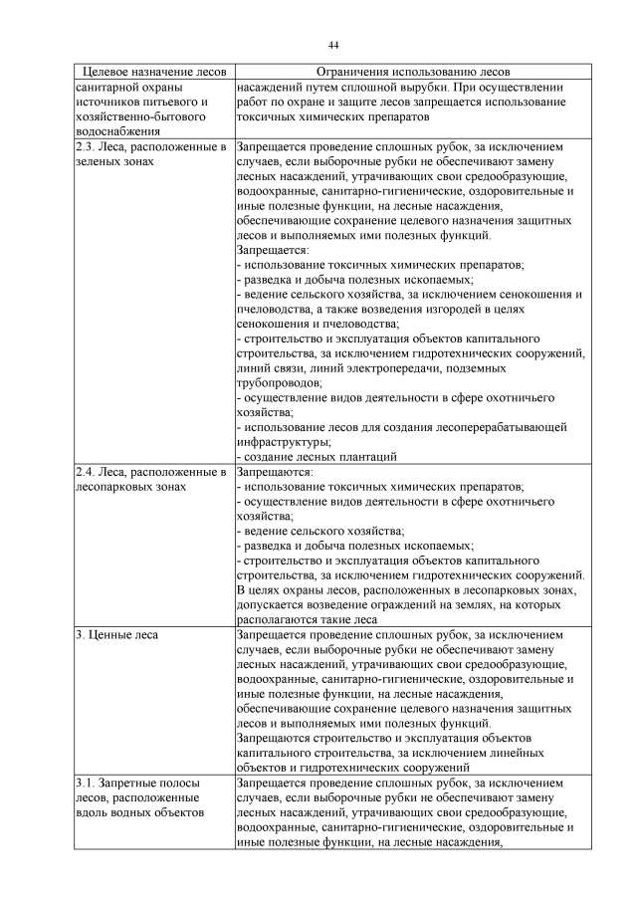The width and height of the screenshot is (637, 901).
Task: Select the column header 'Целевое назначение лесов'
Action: [x=153, y=73]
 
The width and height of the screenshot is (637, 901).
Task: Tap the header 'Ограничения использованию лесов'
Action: [x=411, y=73]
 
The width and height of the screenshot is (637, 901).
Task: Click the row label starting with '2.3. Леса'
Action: [x=151, y=145]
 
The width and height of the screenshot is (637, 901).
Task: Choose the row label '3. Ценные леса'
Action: [x=117, y=633]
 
